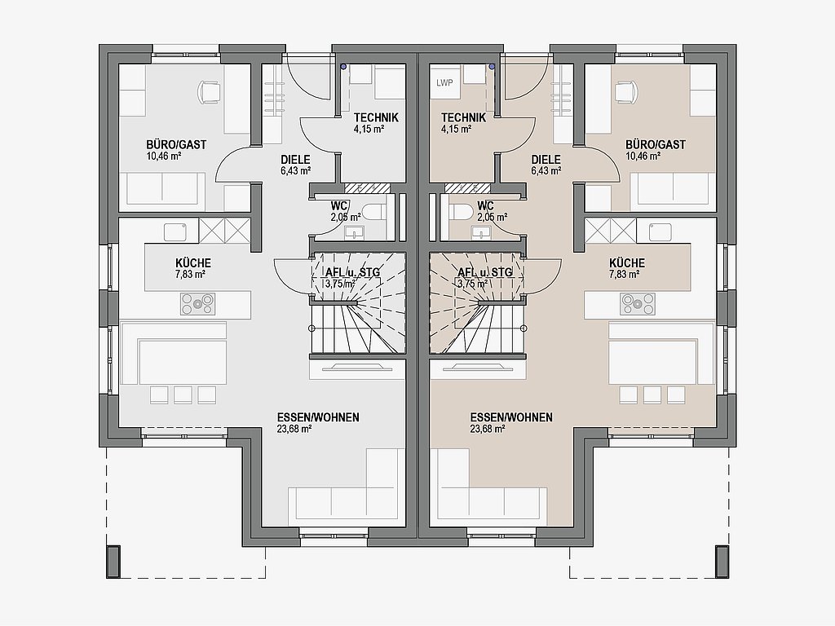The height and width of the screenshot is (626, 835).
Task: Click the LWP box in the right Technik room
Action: point(444,83)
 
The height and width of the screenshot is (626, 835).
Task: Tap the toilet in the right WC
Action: point(461,211)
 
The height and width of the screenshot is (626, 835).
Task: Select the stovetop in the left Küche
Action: point(197,304)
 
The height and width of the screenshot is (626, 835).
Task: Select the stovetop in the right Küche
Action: point(638,304)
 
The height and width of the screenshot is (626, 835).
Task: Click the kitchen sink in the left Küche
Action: point(175,232)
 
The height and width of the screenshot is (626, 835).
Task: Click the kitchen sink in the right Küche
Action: point(660,232)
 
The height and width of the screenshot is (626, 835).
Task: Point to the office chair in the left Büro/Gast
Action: point(209,91)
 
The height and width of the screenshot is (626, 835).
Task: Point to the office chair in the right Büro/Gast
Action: point(626,91)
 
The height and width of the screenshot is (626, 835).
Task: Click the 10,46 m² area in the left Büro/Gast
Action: point(164,156)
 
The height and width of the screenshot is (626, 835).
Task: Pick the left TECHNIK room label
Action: point(376,117)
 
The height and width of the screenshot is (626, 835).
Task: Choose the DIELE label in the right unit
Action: point(546,159)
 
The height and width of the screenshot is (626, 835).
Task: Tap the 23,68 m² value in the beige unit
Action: point(488,429)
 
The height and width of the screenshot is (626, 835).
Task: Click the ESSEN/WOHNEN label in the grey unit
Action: point(318,417)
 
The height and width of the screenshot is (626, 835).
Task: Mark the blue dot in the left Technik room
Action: point(343,67)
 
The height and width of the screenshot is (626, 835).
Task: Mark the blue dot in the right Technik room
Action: point(492,67)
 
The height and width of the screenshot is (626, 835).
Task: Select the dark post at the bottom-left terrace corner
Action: point(113,561)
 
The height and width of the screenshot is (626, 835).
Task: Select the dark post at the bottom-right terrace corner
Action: point(722,561)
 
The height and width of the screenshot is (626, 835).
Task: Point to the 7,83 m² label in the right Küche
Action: point(626,275)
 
